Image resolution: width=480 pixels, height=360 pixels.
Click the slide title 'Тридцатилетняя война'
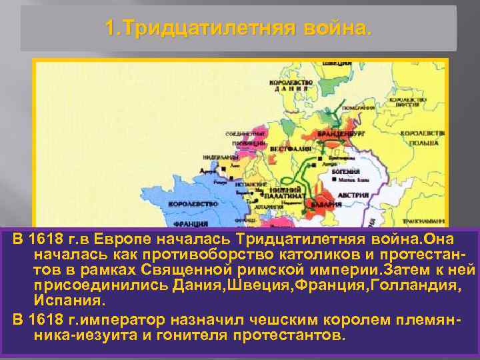pos(240,29)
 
